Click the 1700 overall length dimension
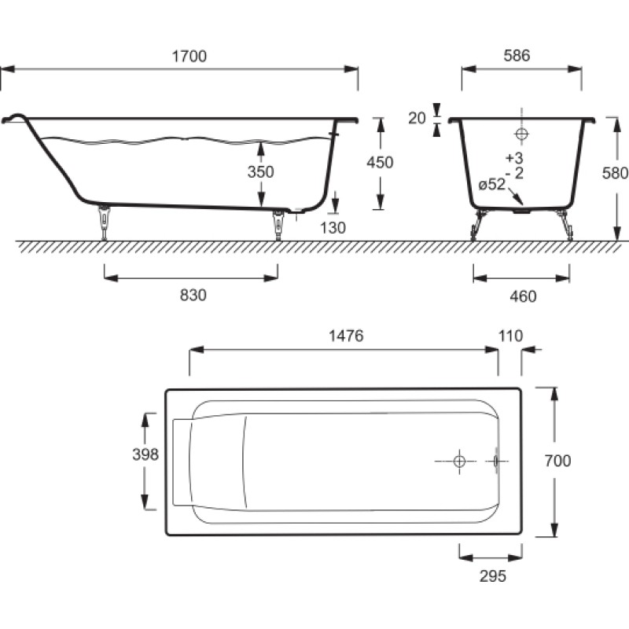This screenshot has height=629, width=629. [189, 56]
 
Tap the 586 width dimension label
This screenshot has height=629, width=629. [517, 55]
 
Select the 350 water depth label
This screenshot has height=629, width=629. [261, 171]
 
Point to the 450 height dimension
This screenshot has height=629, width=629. [380, 163]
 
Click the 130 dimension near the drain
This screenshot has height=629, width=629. [333, 228]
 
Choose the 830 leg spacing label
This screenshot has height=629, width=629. [193, 296]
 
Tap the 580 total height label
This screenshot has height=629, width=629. [615, 173]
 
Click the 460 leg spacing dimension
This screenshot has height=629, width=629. [523, 296]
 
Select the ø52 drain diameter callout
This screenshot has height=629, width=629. [492, 184]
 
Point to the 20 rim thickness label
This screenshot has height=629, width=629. [417, 118]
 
